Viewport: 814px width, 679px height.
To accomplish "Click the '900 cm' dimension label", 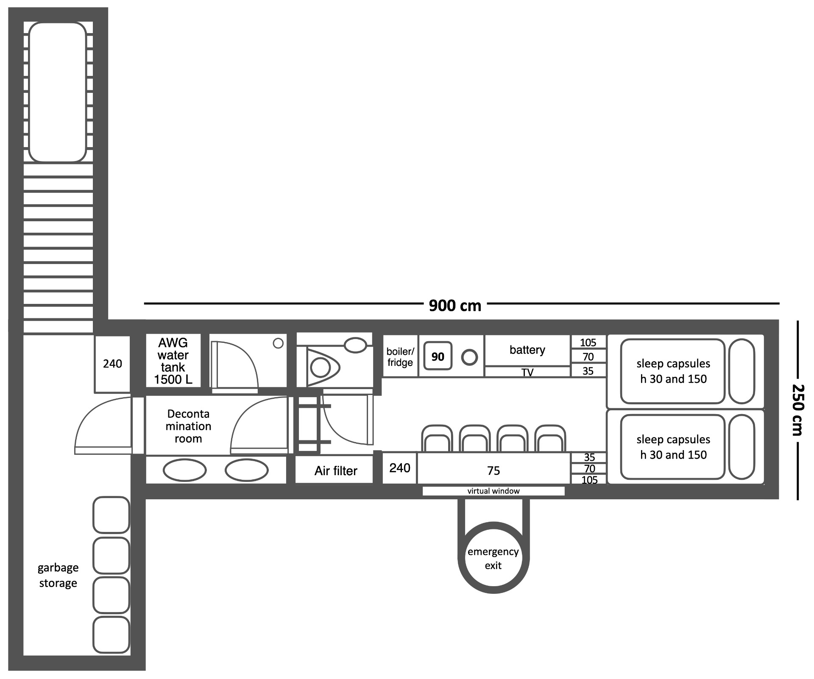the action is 455,305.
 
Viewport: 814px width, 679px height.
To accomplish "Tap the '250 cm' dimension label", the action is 798,409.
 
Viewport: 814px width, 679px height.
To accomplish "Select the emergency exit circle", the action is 493,558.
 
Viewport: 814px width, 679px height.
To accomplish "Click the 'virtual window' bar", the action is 493,491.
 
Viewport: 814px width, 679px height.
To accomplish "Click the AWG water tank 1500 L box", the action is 173,361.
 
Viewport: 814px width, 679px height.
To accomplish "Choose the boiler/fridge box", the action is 400,356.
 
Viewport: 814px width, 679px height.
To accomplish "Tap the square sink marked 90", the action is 438,356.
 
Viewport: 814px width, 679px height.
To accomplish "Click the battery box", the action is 527,350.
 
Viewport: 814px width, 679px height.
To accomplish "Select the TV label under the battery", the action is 527,372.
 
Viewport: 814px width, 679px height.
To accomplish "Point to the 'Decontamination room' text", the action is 188,426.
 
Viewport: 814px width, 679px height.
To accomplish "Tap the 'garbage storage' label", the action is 58,575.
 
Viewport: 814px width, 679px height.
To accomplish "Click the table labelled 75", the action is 494,468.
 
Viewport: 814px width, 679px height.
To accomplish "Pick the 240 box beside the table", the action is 400,468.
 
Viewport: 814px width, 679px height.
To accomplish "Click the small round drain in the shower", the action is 278,343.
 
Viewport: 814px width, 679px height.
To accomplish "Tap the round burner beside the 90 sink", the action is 469,357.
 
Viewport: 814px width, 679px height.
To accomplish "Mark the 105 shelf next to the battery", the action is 588,342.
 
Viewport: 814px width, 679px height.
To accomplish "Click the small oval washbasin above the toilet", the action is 356,345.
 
